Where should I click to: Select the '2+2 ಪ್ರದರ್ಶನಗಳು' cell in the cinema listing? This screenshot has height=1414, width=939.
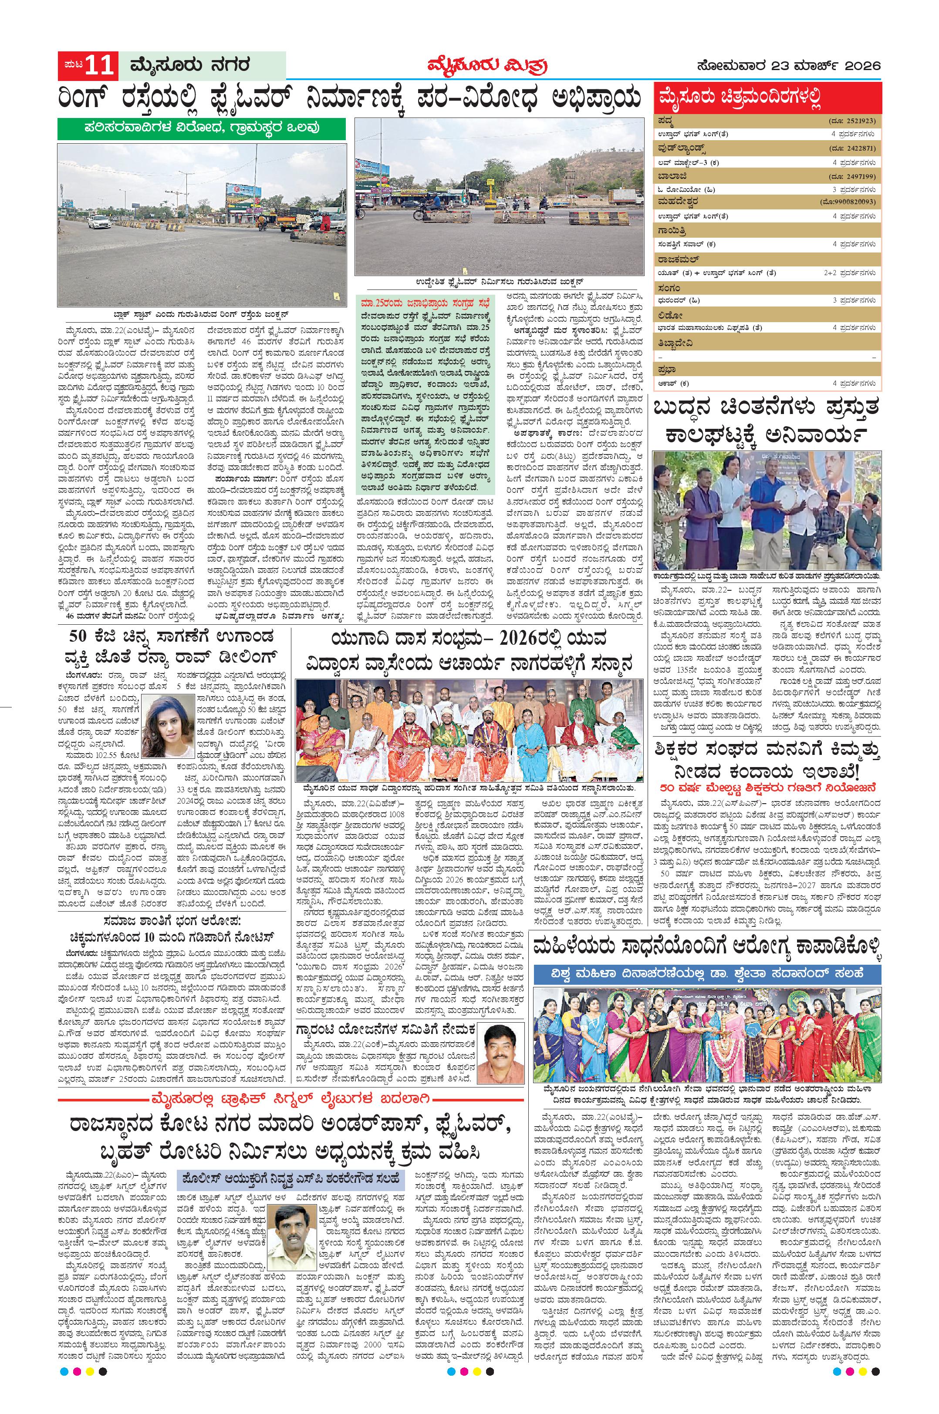[x=851, y=273]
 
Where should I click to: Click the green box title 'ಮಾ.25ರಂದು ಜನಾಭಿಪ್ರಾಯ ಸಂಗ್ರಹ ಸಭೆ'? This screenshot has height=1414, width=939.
[x=423, y=302]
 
